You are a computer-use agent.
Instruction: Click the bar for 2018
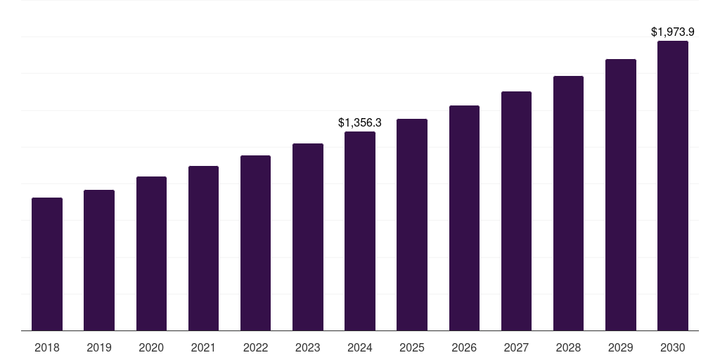click(x=47, y=264)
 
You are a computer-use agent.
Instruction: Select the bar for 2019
click(x=99, y=260)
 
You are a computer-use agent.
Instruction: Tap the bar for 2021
click(x=203, y=248)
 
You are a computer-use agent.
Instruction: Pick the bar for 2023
click(x=308, y=237)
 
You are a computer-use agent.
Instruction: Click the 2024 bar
click(x=360, y=231)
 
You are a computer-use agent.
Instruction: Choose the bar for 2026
click(x=464, y=218)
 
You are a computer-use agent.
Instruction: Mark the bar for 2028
click(x=568, y=203)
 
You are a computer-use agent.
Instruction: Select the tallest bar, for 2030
click(x=673, y=186)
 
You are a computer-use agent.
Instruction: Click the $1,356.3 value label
click(x=360, y=122)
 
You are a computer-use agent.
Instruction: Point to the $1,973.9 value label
click(x=673, y=32)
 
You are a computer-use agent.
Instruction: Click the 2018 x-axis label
click(x=47, y=347)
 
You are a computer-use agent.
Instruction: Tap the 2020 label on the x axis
click(x=151, y=347)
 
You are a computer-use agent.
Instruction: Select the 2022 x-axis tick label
click(x=255, y=347)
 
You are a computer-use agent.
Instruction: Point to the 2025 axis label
click(x=412, y=347)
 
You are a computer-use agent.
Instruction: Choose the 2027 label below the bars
click(x=516, y=347)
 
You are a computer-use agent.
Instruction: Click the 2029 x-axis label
click(x=620, y=347)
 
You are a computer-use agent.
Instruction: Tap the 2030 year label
click(x=673, y=347)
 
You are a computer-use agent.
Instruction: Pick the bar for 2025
click(x=412, y=225)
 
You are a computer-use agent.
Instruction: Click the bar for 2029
click(x=621, y=195)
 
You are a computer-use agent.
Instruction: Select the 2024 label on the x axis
click(x=360, y=347)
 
